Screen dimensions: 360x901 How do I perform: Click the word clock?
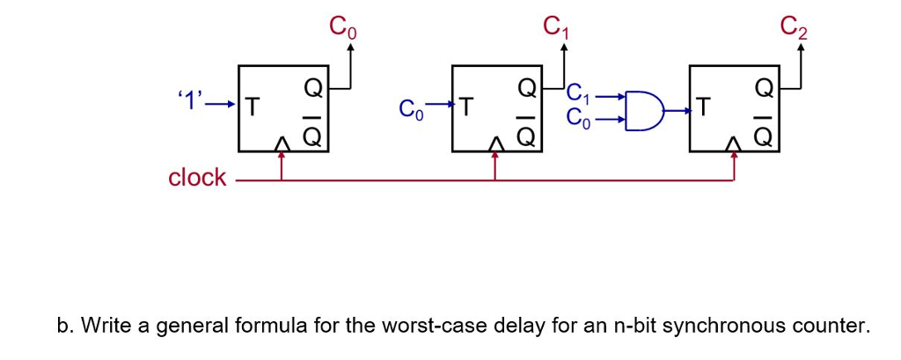(x=197, y=178)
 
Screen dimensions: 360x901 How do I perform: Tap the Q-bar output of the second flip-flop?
(x=527, y=135)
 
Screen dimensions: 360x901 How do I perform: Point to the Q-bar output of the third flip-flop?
(x=764, y=135)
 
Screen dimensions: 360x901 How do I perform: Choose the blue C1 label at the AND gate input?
(x=581, y=92)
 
